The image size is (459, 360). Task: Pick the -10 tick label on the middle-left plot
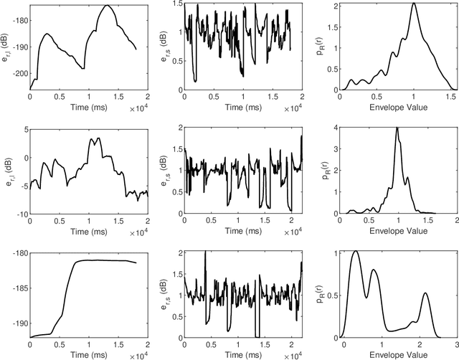[21, 214]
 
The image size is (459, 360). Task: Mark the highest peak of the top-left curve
[107, 5]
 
